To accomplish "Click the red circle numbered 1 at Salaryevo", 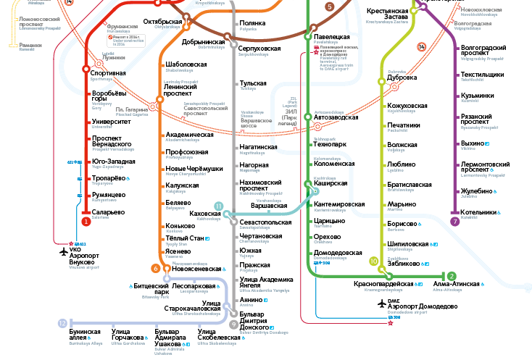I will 86,222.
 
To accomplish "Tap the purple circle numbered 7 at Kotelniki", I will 454,222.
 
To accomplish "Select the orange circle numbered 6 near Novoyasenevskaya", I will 155,269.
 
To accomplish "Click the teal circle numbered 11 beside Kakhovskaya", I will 218,206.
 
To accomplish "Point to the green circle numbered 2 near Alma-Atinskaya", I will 451,276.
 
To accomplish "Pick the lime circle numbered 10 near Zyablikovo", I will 374,261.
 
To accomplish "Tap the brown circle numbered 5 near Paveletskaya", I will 330,7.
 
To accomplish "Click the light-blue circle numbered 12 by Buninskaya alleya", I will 62,323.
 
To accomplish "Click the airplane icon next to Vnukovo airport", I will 63,251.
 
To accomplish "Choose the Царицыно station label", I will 329,219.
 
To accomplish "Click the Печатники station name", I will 404,125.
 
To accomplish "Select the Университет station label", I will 111,121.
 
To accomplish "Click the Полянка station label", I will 252,23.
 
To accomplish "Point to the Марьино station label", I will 401,204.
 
